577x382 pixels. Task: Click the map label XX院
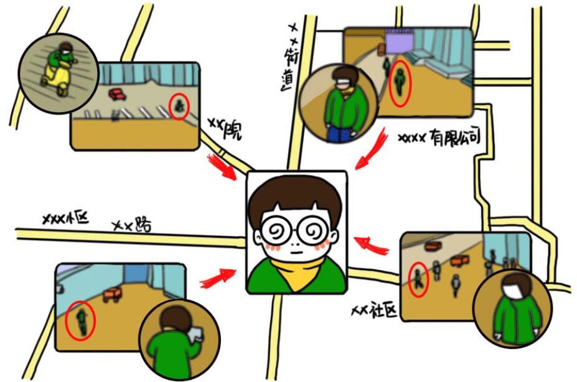pyautogui.click(x=225, y=129)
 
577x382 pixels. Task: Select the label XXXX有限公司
pyautogui.click(x=439, y=138)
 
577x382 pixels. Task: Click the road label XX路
pyautogui.click(x=132, y=225)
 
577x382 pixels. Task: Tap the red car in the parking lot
pyautogui.click(x=117, y=94)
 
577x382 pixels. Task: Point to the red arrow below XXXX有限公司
pyautogui.click(x=372, y=149)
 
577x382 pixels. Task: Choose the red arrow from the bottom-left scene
pyautogui.click(x=218, y=278)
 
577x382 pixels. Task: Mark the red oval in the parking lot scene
pyautogui.click(x=179, y=106)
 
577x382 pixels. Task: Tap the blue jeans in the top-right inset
pyautogui.click(x=339, y=134)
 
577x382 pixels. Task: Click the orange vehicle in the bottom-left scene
pyautogui.click(x=112, y=294)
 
